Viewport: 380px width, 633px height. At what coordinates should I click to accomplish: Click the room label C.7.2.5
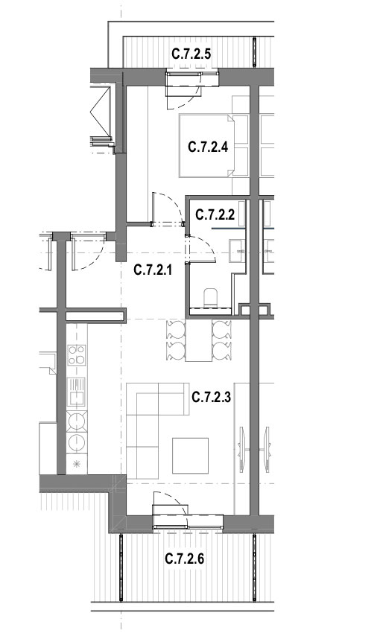coord(191,54)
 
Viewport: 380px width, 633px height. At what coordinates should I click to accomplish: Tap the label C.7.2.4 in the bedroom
coord(208,147)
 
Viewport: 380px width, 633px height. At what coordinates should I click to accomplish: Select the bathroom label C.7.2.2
coord(215,214)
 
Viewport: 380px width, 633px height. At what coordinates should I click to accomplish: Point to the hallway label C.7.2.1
coord(153,270)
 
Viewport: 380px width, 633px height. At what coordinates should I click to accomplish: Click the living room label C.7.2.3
coord(211,398)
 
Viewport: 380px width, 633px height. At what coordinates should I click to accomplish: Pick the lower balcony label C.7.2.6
coord(185,559)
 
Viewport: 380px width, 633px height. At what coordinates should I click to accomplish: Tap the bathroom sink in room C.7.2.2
coord(238,251)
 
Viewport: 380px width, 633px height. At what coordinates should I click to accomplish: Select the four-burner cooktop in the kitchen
coord(76,354)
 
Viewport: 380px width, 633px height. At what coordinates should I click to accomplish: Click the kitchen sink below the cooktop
coord(76,391)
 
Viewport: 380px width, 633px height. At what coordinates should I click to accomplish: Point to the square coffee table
coord(190,455)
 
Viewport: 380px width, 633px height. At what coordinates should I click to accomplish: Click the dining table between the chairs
coord(199,340)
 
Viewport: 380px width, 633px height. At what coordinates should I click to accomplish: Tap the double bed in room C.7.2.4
coord(206,146)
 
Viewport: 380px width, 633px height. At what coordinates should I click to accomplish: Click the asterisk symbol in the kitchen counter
coord(76,464)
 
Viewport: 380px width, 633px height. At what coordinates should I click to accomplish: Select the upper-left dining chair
coord(176,330)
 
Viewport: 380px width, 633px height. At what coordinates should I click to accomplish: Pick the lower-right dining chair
coord(222,352)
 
